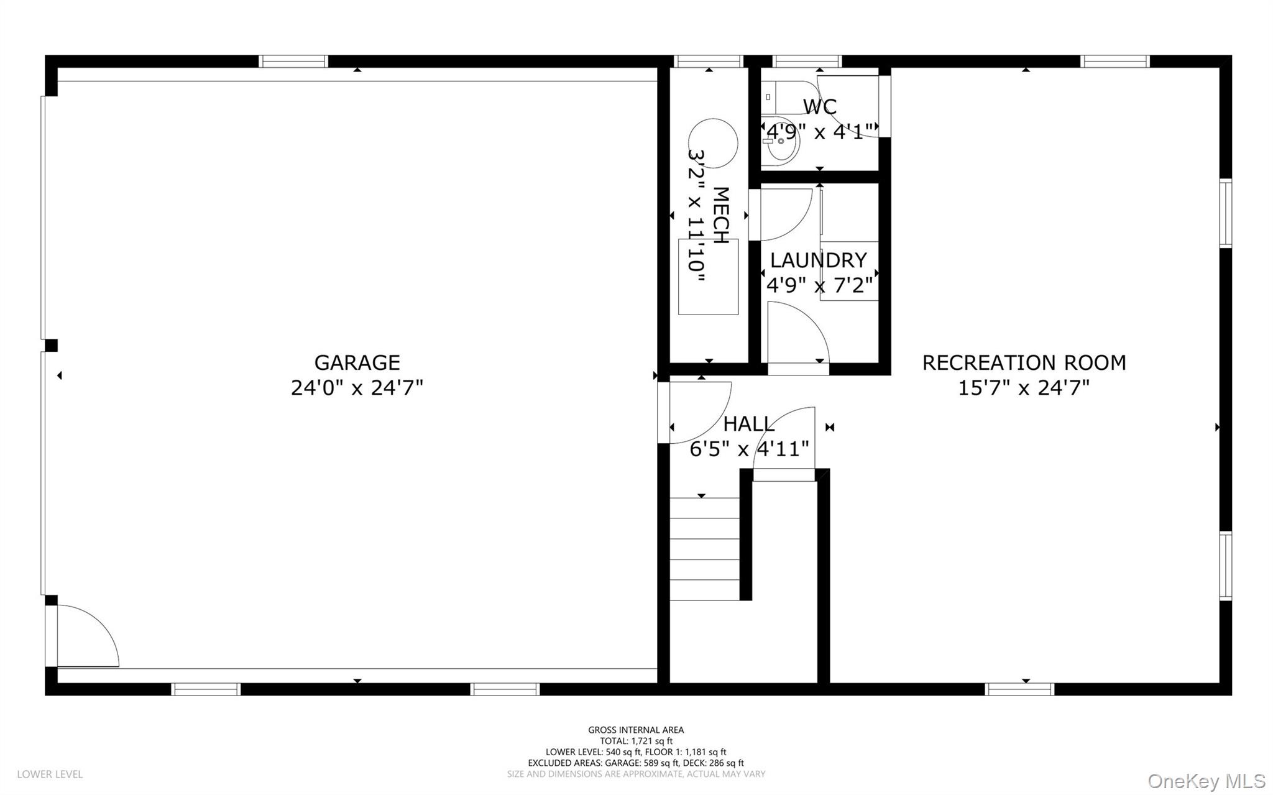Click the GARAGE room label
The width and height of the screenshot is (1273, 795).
(357, 362)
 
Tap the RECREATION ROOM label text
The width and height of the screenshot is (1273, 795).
(1024, 362)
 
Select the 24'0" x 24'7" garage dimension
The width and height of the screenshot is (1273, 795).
(357, 388)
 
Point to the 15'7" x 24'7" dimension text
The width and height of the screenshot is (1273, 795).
(1024, 388)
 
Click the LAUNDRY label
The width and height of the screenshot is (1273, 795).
(818, 260)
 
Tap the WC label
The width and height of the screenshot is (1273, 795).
(819, 106)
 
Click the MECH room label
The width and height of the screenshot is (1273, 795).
(720, 215)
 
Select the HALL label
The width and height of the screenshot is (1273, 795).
(748, 424)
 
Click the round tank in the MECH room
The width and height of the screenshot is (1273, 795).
(713, 143)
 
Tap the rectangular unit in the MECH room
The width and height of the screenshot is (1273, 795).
(708, 277)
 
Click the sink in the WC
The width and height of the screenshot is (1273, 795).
(781, 142)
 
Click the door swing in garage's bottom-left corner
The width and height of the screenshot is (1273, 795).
(84, 637)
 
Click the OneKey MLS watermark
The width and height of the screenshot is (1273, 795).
(1206, 781)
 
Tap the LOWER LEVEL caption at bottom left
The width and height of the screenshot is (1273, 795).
(50, 774)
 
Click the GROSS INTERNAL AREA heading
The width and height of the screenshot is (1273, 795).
(636, 730)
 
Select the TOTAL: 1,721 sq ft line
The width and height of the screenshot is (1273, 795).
(636, 741)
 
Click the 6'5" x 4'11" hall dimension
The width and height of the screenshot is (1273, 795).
(749, 448)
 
